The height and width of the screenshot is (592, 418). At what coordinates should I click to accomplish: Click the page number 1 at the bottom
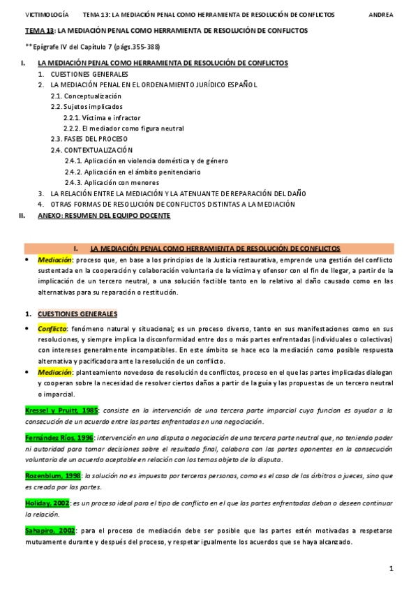(391, 569)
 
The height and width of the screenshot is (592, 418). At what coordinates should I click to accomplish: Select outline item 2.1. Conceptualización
(86, 96)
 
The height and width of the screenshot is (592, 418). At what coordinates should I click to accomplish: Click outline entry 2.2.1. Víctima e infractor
(101, 117)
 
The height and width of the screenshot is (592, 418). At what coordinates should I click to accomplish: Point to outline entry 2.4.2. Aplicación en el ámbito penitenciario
(133, 172)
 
